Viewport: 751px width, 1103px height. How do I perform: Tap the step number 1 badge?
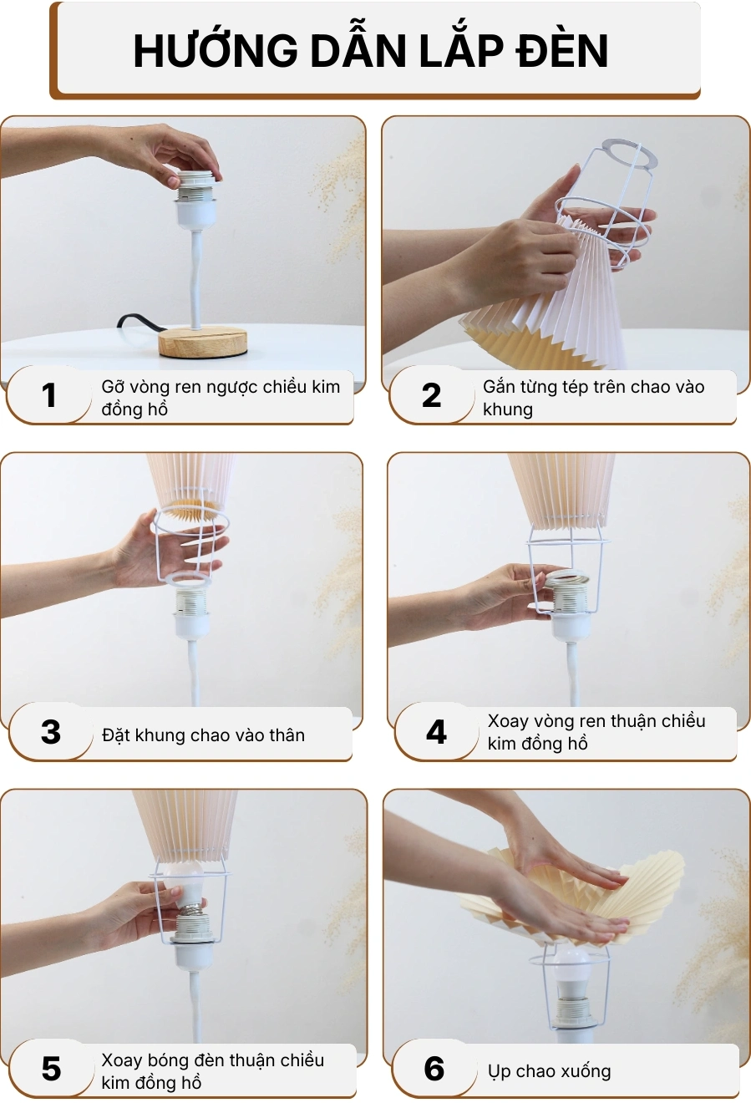click(x=49, y=395)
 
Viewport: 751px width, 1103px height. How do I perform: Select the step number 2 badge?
click(x=431, y=395)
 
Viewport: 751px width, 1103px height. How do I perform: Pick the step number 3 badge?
click(x=51, y=733)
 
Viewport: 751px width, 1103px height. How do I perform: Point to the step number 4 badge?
click(x=436, y=733)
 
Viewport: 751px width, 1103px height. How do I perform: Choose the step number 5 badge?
click(x=51, y=1069)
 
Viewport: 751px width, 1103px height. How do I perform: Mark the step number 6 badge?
click(x=434, y=1069)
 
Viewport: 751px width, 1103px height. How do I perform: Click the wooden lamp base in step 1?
click(x=203, y=342)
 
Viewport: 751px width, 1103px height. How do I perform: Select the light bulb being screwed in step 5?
click(x=185, y=886)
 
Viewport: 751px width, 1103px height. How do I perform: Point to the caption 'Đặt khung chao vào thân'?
click(x=203, y=735)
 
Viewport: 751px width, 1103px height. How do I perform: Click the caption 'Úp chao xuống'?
click(x=549, y=1071)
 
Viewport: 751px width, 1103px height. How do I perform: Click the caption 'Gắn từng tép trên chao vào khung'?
click(x=593, y=398)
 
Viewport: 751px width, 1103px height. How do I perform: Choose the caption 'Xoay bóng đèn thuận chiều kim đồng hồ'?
click(x=212, y=1071)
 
